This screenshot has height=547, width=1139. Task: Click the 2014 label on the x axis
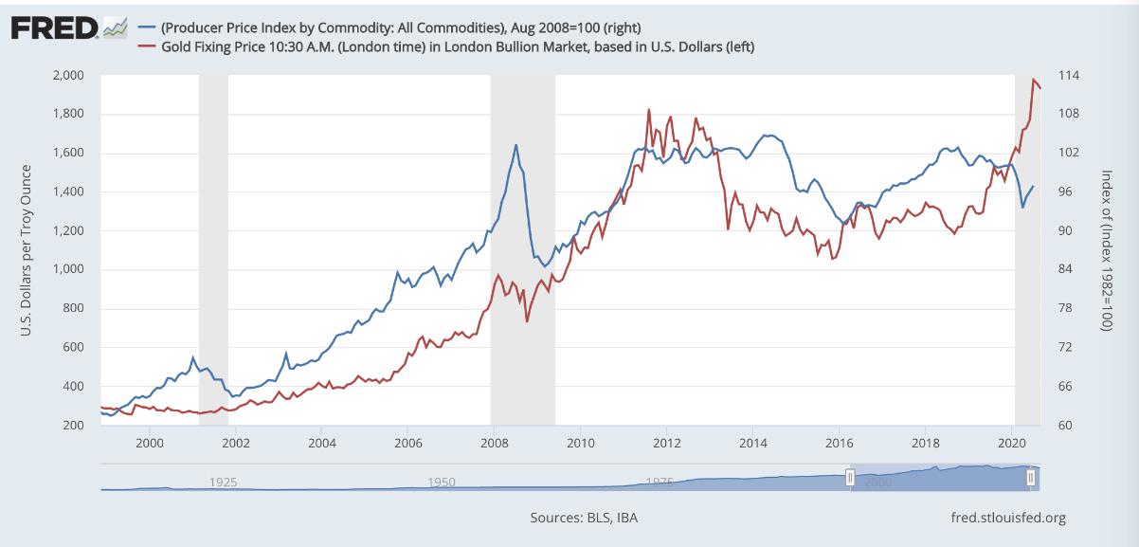753,443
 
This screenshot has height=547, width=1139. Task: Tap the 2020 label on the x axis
1013,443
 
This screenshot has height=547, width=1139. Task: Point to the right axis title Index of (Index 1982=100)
1106,249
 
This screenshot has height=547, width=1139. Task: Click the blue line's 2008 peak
515,145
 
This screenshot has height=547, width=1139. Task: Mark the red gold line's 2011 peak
649,109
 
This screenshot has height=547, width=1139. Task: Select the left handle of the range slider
850,478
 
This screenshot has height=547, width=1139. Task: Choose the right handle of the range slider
1030,478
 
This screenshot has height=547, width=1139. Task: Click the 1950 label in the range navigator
442,482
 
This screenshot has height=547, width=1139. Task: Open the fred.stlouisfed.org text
1007,518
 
